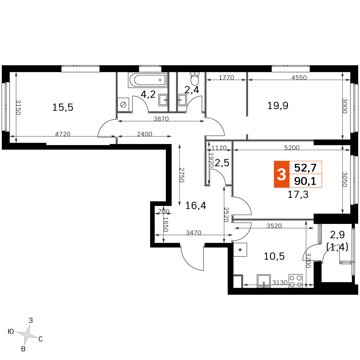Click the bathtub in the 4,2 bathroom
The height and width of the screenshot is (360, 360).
(148, 80)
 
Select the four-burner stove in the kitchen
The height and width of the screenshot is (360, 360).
(296, 281)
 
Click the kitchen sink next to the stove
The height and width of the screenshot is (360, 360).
(264, 280)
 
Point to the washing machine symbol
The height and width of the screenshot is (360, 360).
(123, 105)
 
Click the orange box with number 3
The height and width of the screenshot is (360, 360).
(282, 174)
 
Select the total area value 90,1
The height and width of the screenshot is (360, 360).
(305, 181)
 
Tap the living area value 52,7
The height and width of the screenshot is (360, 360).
(305, 168)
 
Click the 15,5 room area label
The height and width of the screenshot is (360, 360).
(63, 107)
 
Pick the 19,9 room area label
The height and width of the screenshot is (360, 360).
(278, 106)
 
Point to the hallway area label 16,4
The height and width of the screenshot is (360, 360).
(195, 206)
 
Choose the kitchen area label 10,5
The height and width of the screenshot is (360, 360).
(274, 256)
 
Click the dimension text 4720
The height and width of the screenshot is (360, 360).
(63, 134)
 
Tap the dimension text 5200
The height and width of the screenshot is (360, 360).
(292, 148)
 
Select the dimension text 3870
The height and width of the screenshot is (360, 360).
(161, 119)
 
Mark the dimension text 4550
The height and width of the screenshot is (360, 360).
(299, 78)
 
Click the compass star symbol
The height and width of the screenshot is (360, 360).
(27, 334)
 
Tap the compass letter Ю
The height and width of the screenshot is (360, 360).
(11, 332)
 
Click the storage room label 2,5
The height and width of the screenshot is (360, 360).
(222, 163)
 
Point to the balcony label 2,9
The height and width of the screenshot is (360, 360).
(337, 235)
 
